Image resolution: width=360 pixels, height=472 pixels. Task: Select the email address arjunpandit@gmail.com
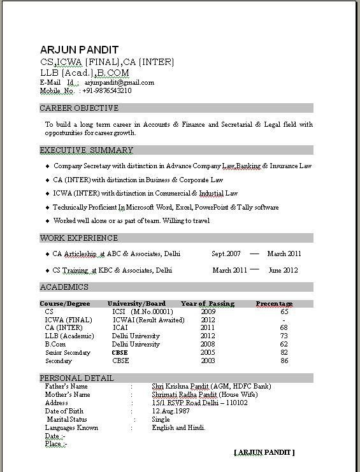(119, 82)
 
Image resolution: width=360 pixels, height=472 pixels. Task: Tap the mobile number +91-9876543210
(107, 90)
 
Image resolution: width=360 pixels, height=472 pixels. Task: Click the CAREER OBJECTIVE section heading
(79, 108)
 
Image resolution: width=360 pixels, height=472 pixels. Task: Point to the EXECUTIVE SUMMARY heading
(87, 150)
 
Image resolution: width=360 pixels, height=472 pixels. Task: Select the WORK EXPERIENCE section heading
(79, 238)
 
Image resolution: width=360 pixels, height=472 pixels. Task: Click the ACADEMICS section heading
(64, 287)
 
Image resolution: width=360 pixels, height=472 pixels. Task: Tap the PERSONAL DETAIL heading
(77, 378)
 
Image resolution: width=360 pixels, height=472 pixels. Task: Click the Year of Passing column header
(208, 304)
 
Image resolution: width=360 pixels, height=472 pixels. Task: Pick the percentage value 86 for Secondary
(284, 361)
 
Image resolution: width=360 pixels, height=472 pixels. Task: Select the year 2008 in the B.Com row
(208, 344)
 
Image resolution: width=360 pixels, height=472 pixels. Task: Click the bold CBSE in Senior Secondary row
(120, 352)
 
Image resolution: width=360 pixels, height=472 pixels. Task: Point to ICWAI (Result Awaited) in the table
(148, 320)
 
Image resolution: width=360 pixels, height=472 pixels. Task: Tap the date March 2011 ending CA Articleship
(284, 254)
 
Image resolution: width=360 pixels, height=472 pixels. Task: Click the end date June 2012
(284, 270)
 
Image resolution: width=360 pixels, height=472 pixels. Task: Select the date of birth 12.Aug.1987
(171, 411)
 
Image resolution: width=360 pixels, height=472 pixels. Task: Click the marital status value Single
(161, 420)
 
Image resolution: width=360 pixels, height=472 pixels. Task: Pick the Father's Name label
(66, 387)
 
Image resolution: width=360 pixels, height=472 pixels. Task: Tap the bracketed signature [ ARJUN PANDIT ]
(264, 452)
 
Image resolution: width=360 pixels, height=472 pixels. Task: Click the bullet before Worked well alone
(47, 221)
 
